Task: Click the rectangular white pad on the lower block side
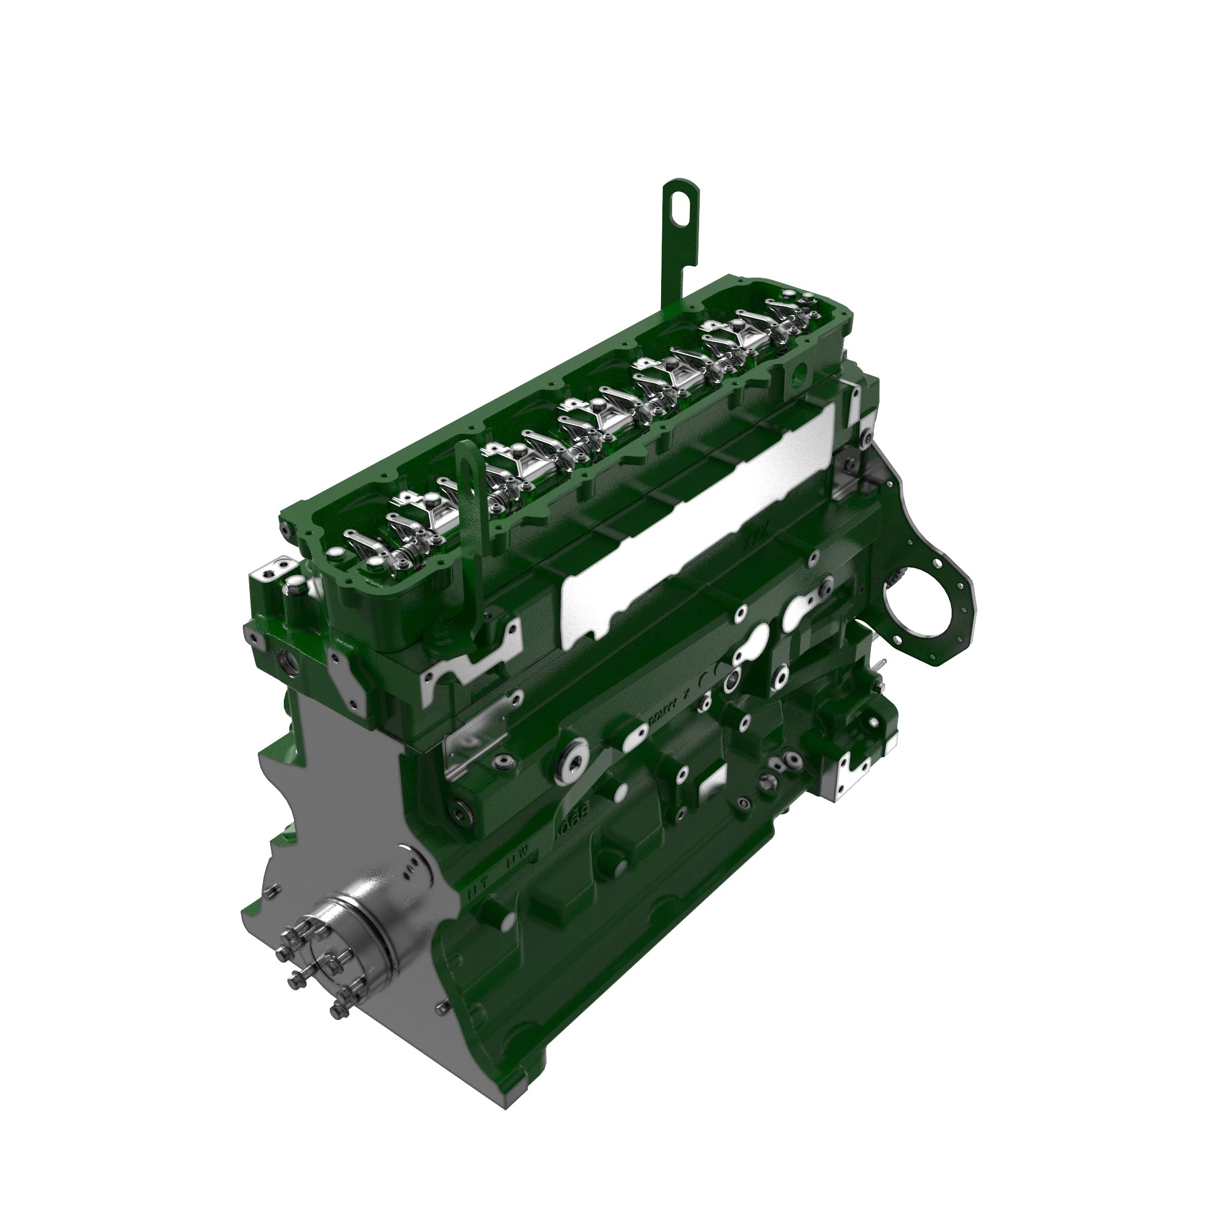point(713,790)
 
